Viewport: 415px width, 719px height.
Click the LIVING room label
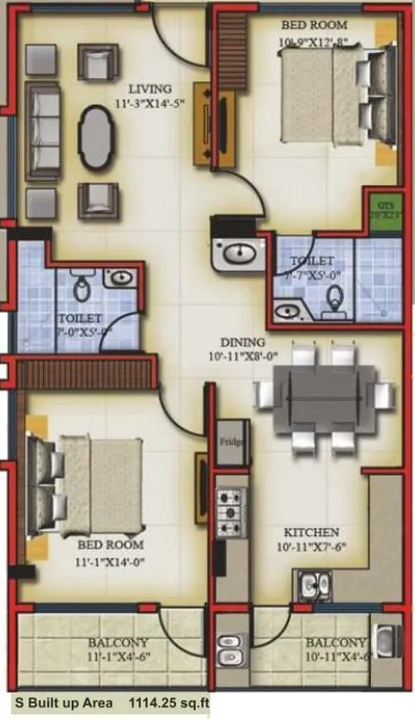(x=150, y=88)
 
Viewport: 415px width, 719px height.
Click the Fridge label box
(x=231, y=443)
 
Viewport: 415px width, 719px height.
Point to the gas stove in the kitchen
(x=231, y=512)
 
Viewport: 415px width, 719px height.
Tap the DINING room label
(x=242, y=342)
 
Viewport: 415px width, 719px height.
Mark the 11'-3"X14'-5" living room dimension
(x=150, y=104)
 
